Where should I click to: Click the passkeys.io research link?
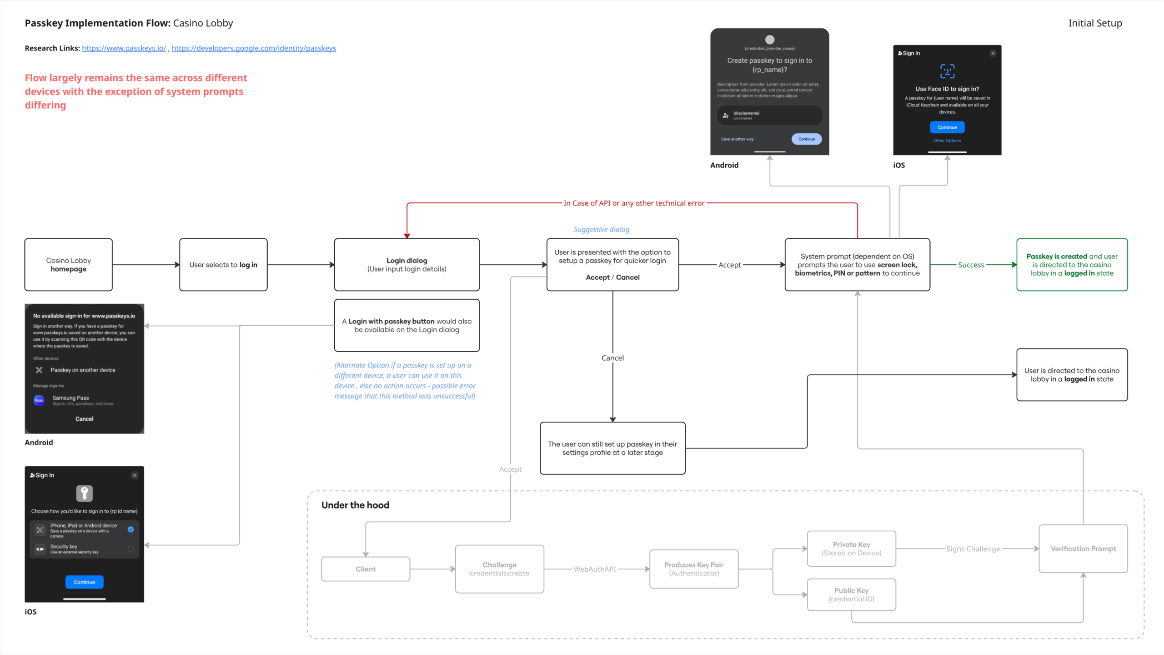click(x=124, y=48)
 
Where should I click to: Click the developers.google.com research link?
click(x=254, y=48)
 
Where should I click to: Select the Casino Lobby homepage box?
click(x=68, y=265)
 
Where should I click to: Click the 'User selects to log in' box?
click(x=223, y=265)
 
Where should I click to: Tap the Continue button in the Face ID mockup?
click(x=947, y=127)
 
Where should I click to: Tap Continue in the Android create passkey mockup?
click(x=806, y=139)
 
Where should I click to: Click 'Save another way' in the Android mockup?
click(x=737, y=139)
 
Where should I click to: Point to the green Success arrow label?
click(x=971, y=265)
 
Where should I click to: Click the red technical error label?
click(x=634, y=203)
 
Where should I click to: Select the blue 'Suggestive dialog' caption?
click(x=601, y=230)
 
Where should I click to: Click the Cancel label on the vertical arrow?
click(x=612, y=358)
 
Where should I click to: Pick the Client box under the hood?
click(x=366, y=569)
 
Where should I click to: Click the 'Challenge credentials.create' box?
click(x=499, y=569)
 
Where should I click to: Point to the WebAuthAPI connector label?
click(x=594, y=569)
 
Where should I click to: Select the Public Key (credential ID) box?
click(x=851, y=595)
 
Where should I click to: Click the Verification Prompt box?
click(x=1083, y=549)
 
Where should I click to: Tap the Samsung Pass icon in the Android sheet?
click(x=39, y=400)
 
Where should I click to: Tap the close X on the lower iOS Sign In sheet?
click(x=135, y=475)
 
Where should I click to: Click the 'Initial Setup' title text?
click(x=1095, y=23)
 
